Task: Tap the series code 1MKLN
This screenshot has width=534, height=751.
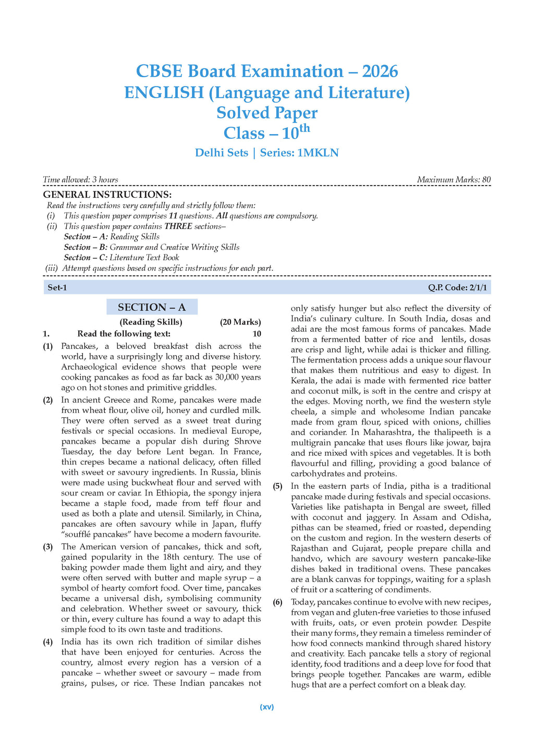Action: click(x=318, y=153)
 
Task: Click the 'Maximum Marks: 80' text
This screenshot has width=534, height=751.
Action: click(x=454, y=180)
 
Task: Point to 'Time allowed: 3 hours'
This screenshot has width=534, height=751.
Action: click(x=80, y=180)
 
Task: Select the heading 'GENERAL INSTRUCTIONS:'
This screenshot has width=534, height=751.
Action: click(x=100, y=195)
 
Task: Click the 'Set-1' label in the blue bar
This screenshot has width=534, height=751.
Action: click(x=57, y=287)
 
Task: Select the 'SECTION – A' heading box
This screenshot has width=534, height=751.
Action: click(x=152, y=307)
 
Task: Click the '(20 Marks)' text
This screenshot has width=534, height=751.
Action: click(x=240, y=322)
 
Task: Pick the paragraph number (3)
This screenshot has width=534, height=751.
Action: click(x=48, y=547)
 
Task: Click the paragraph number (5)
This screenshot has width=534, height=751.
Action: click(x=278, y=486)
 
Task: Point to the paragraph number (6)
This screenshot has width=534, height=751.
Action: click(x=278, y=602)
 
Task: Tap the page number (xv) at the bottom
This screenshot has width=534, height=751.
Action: click(x=267, y=707)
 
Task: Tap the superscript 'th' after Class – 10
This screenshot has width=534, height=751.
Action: click(x=304, y=128)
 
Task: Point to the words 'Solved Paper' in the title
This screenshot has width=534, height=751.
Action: click(x=267, y=113)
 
